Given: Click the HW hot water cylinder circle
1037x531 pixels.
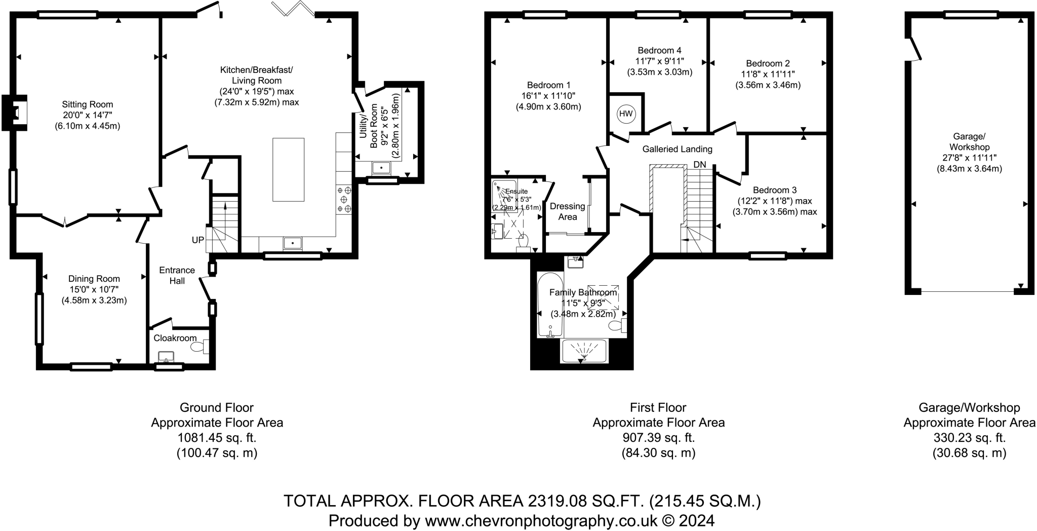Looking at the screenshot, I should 626,114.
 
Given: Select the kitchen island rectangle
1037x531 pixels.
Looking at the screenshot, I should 289,170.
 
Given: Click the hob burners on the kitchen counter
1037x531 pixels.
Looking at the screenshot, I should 344,200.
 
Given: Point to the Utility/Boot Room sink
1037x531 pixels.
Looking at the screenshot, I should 380,167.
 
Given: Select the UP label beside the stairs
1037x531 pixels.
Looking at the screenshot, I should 197,240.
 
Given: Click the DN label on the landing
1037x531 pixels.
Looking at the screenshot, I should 699,165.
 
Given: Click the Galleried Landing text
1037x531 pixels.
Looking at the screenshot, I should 677,149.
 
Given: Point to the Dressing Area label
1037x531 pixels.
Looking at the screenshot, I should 567,211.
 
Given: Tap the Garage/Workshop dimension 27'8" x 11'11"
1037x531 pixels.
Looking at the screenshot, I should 969,158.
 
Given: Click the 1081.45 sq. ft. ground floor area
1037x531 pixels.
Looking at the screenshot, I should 217,438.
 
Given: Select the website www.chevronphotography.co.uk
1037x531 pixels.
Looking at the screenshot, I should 541,520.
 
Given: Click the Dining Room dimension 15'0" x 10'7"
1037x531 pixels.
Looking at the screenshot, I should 94,289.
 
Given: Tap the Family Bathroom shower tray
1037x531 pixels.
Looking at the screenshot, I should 584,351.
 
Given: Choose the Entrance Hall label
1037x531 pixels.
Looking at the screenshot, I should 177,275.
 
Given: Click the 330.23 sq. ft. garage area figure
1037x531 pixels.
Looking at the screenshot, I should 969,438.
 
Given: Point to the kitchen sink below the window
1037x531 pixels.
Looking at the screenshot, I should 293,244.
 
